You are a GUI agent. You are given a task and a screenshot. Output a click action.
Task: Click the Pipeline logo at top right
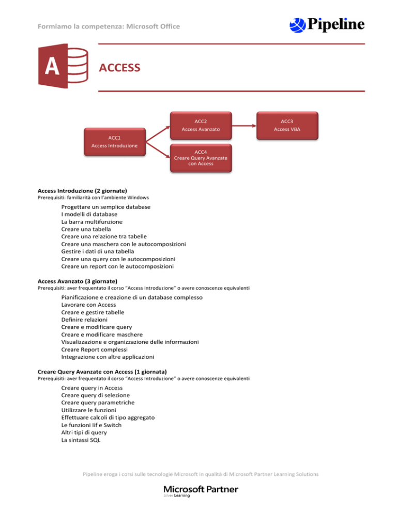327,24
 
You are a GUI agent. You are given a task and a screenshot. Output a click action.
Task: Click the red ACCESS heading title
119,68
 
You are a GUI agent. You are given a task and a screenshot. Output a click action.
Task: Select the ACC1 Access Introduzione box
114,142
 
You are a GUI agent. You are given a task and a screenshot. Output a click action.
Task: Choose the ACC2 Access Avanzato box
201,125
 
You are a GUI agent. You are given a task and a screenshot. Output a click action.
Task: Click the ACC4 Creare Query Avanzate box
201,157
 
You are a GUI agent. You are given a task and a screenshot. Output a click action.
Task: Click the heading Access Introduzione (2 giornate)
83,190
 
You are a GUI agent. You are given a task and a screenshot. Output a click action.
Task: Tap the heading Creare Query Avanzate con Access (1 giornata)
102,371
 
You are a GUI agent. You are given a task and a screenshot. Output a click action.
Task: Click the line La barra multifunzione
91,221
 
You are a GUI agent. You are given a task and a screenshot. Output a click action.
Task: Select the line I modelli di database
89,214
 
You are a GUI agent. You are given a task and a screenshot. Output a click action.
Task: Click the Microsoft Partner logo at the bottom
201,491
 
